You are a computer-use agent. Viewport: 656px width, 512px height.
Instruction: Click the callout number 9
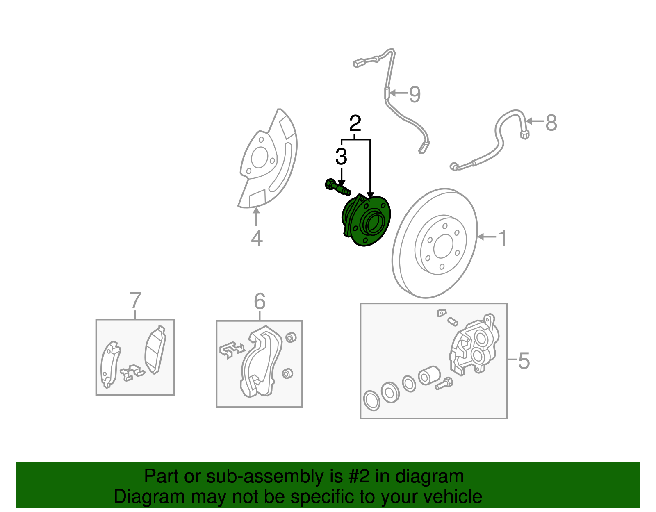tap(415, 94)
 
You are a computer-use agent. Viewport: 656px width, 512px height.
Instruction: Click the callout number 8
tap(551, 122)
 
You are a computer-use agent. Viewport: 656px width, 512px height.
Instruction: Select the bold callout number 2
tap(355, 123)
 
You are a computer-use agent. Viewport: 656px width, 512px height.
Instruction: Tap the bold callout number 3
tap(341, 157)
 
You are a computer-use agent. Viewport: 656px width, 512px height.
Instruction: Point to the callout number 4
tap(257, 238)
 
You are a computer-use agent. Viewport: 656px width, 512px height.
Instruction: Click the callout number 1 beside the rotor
tap(502, 238)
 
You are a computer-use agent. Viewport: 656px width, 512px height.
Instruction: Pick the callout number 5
tap(524, 361)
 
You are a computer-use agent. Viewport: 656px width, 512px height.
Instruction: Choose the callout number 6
tap(260, 302)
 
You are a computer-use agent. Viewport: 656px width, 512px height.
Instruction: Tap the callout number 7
tap(135, 301)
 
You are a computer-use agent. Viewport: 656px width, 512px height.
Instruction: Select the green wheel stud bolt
tap(337, 187)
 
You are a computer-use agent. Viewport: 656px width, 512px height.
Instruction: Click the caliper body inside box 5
tap(474, 346)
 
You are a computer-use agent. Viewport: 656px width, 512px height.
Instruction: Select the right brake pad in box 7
tap(155, 351)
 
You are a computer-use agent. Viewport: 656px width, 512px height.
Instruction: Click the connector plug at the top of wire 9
tap(360, 63)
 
